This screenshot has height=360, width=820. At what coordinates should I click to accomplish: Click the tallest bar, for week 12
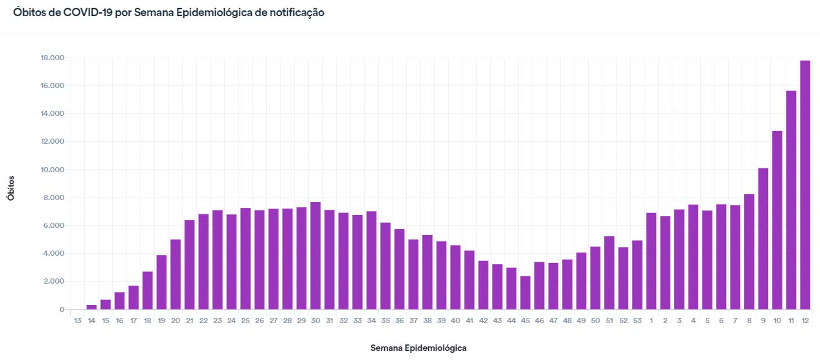(x=805, y=185)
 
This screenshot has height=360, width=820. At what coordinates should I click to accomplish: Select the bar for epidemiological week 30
(x=315, y=256)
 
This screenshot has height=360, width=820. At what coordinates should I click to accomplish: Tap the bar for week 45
(x=525, y=293)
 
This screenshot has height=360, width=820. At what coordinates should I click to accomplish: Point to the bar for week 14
(x=91, y=307)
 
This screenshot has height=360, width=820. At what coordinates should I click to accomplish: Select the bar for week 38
(x=427, y=272)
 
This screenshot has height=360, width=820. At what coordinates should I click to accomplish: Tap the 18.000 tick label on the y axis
(x=52, y=58)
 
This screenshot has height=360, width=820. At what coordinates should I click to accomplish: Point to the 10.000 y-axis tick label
(x=52, y=170)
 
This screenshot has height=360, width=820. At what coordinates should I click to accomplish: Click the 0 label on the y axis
(x=62, y=309)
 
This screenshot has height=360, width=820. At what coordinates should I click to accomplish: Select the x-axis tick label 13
(x=78, y=321)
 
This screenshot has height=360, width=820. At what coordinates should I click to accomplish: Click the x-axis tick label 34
(x=372, y=321)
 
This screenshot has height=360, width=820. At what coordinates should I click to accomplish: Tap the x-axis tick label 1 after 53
(x=652, y=321)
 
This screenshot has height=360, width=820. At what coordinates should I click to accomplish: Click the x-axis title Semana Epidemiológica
(x=418, y=348)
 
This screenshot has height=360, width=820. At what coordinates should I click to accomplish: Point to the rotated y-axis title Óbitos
(x=11, y=187)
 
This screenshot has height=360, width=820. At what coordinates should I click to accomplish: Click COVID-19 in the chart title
(x=87, y=12)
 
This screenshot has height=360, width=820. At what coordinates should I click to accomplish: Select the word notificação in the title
(x=295, y=12)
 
